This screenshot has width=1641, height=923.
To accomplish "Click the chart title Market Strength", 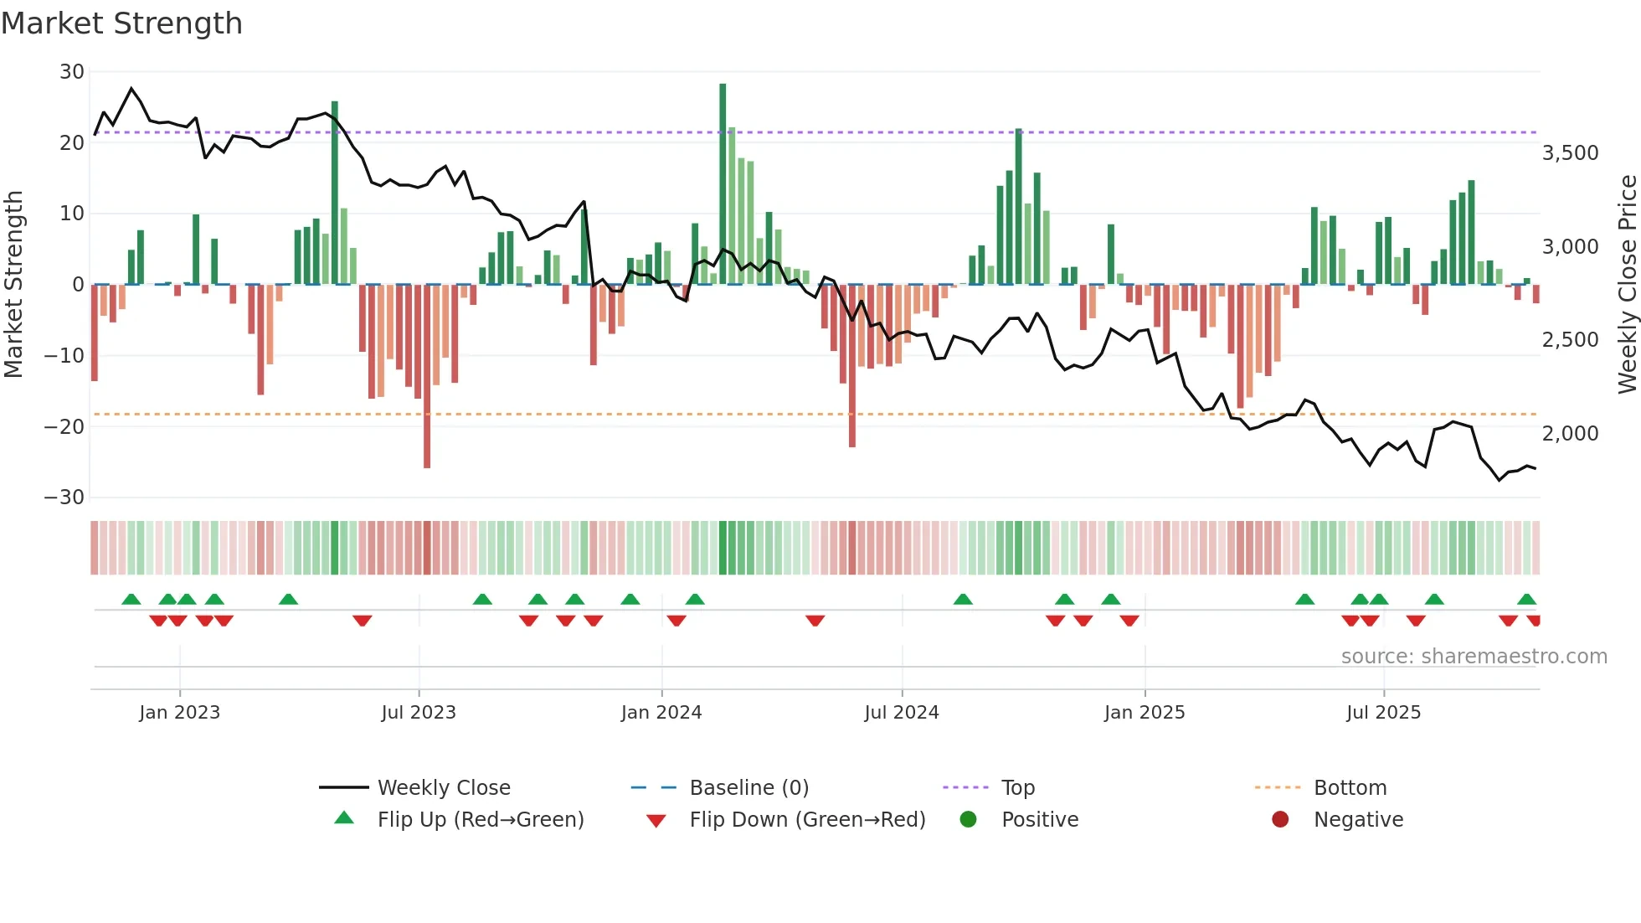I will point(121,23).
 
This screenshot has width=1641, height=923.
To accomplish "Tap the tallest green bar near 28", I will point(723,184).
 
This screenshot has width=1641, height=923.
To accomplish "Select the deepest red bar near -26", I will point(427,377).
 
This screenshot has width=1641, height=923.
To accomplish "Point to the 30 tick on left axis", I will point(72,72).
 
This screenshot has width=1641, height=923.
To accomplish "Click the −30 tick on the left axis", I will point(64,498).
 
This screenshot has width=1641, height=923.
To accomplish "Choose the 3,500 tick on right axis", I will point(1570,153).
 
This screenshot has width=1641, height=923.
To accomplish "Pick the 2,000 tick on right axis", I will point(1570,434).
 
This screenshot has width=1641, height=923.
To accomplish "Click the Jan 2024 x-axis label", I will point(661,713).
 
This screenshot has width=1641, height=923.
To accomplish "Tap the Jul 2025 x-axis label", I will point(1383,713).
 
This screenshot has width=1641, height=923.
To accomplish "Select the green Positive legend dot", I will point(969,820).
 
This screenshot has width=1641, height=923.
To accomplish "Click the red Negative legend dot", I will point(1280,820).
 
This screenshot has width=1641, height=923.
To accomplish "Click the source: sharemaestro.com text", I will point(1474,657).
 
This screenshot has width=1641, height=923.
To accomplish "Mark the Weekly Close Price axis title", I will point(1627,285).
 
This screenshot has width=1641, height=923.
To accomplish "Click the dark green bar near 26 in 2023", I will point(335,193).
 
